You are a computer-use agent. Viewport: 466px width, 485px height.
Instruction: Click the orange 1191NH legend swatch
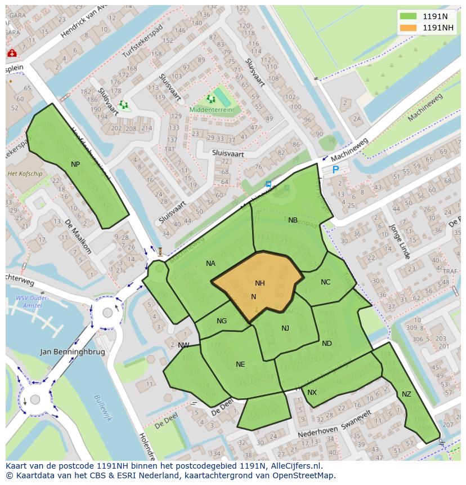pyautogui.click(x=408, y=28)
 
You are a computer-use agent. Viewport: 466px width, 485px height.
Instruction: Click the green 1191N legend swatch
pyautogui.click(x=408, y=16)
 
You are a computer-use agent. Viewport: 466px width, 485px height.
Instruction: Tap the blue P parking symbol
pyautogui.click(x=335, y=170)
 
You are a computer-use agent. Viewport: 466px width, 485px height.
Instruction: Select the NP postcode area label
pyautogui.click(x=75, y=164)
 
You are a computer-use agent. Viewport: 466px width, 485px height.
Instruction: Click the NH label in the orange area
pyautogui.click(x=259, y=283)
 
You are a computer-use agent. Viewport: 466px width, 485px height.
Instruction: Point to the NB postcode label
pyautogui.click(x=293, y=220)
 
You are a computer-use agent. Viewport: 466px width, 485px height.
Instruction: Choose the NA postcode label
pyautogui.click(x=210, y=263)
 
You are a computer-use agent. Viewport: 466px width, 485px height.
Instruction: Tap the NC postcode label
pyautogui.click(x=325, y=282)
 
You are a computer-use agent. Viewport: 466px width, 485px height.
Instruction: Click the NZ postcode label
pyautogui.click(x=406, y=394)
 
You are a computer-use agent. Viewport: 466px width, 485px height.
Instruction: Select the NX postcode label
pyautogui.click(x=312, y=392)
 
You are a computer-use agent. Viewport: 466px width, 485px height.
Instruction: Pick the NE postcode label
pyautogui.click(x=240, y=364)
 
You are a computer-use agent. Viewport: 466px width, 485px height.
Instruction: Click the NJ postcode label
pyautogui.click(x=285, y=328)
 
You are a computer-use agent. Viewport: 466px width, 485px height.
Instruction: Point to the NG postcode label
pyautogui.click(x=222, y=321)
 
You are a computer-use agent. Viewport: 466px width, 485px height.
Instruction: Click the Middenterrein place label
pyautogui.click(x=210, y=110)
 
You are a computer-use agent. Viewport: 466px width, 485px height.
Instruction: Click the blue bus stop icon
pyautogui.click(x=268, y=184)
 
